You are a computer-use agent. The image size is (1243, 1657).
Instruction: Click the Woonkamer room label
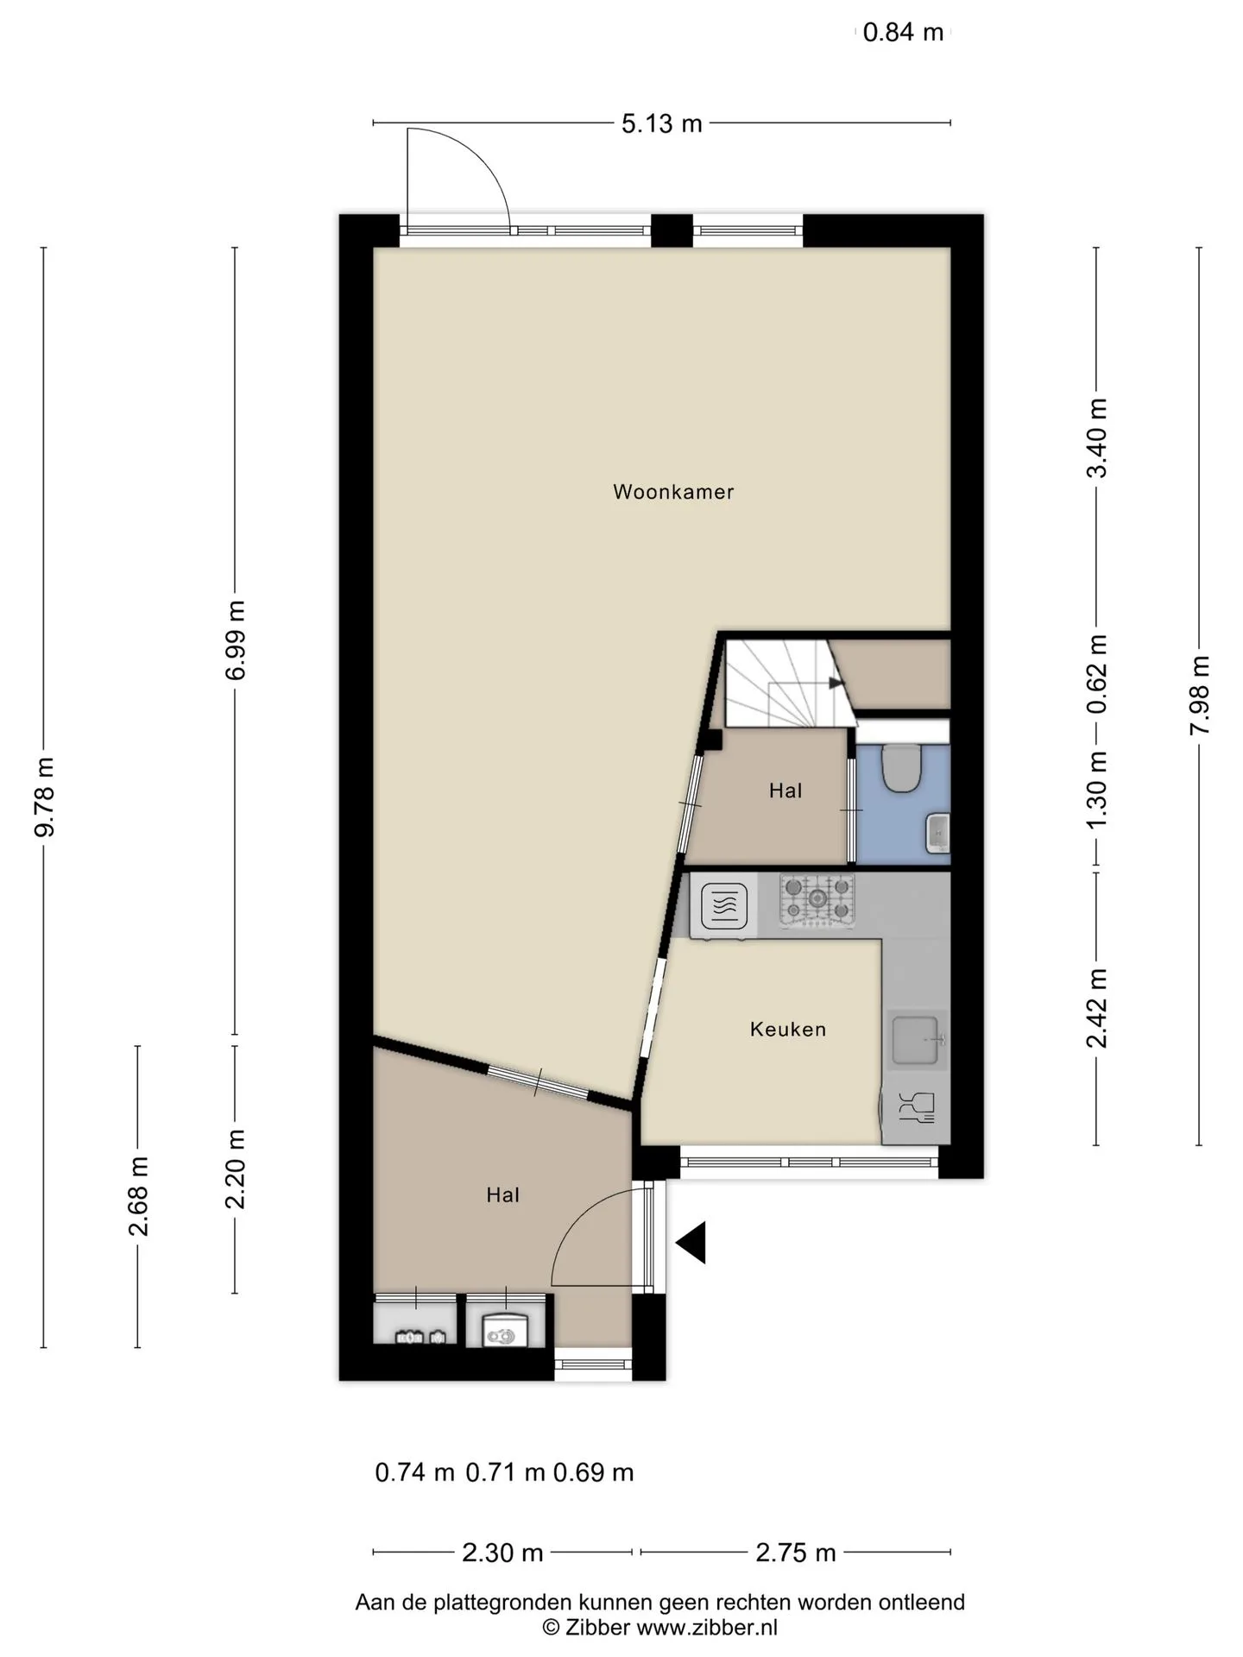pyautogui.click(x=673, y=492)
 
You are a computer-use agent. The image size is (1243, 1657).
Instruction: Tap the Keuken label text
pyautogui.click(x=788, y=1029)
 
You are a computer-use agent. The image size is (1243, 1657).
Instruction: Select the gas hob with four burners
pyautogui.click(x=817, y=901)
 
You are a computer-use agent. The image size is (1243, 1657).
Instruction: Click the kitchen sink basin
pyautogui.click(x=915, y=1040)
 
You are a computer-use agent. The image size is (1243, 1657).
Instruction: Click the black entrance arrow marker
pyautogui.click(x=691, y=1243)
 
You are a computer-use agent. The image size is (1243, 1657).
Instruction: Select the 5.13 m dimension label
pyautogui.click(x=662, y=124)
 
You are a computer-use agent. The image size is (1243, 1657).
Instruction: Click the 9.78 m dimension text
pyautogui.click(x=44, y=797)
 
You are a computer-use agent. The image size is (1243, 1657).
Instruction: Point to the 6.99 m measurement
pyautogui.click(x=235, y=639)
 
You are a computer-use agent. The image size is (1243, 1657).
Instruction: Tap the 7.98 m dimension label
pyautogui.click(x=1199, y=695)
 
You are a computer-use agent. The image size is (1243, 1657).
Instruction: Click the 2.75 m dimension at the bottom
pyautogui.click(x=796, y=1553)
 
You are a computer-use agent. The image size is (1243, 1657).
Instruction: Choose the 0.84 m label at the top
pyautogui.click(x=904, y=33)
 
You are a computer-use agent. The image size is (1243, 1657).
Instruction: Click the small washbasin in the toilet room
pyautogui.click(x=937, y=833)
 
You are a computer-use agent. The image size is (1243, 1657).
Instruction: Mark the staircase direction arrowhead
pyautogui.click(x=836, y=683)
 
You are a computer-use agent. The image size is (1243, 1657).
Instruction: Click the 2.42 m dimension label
pyautogui.click(x=1096, y=1008)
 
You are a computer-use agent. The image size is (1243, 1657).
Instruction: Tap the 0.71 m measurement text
pyautogui.click(x=506, y=1472)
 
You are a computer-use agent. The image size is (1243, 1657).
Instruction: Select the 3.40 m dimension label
pyautogui.click(x=1096, y=438)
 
